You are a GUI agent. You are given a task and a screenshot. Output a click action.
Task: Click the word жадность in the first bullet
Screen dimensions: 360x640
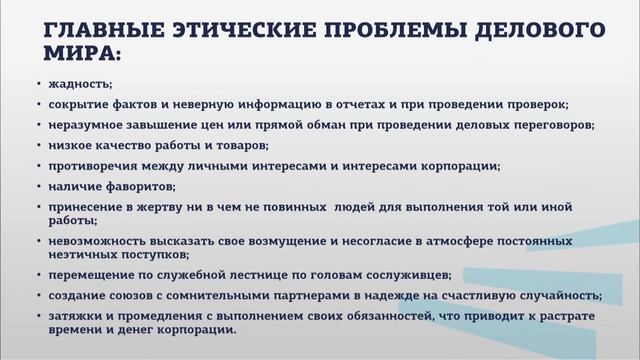[73, 85]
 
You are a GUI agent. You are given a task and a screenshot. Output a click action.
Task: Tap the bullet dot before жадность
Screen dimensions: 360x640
[38, 85]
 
